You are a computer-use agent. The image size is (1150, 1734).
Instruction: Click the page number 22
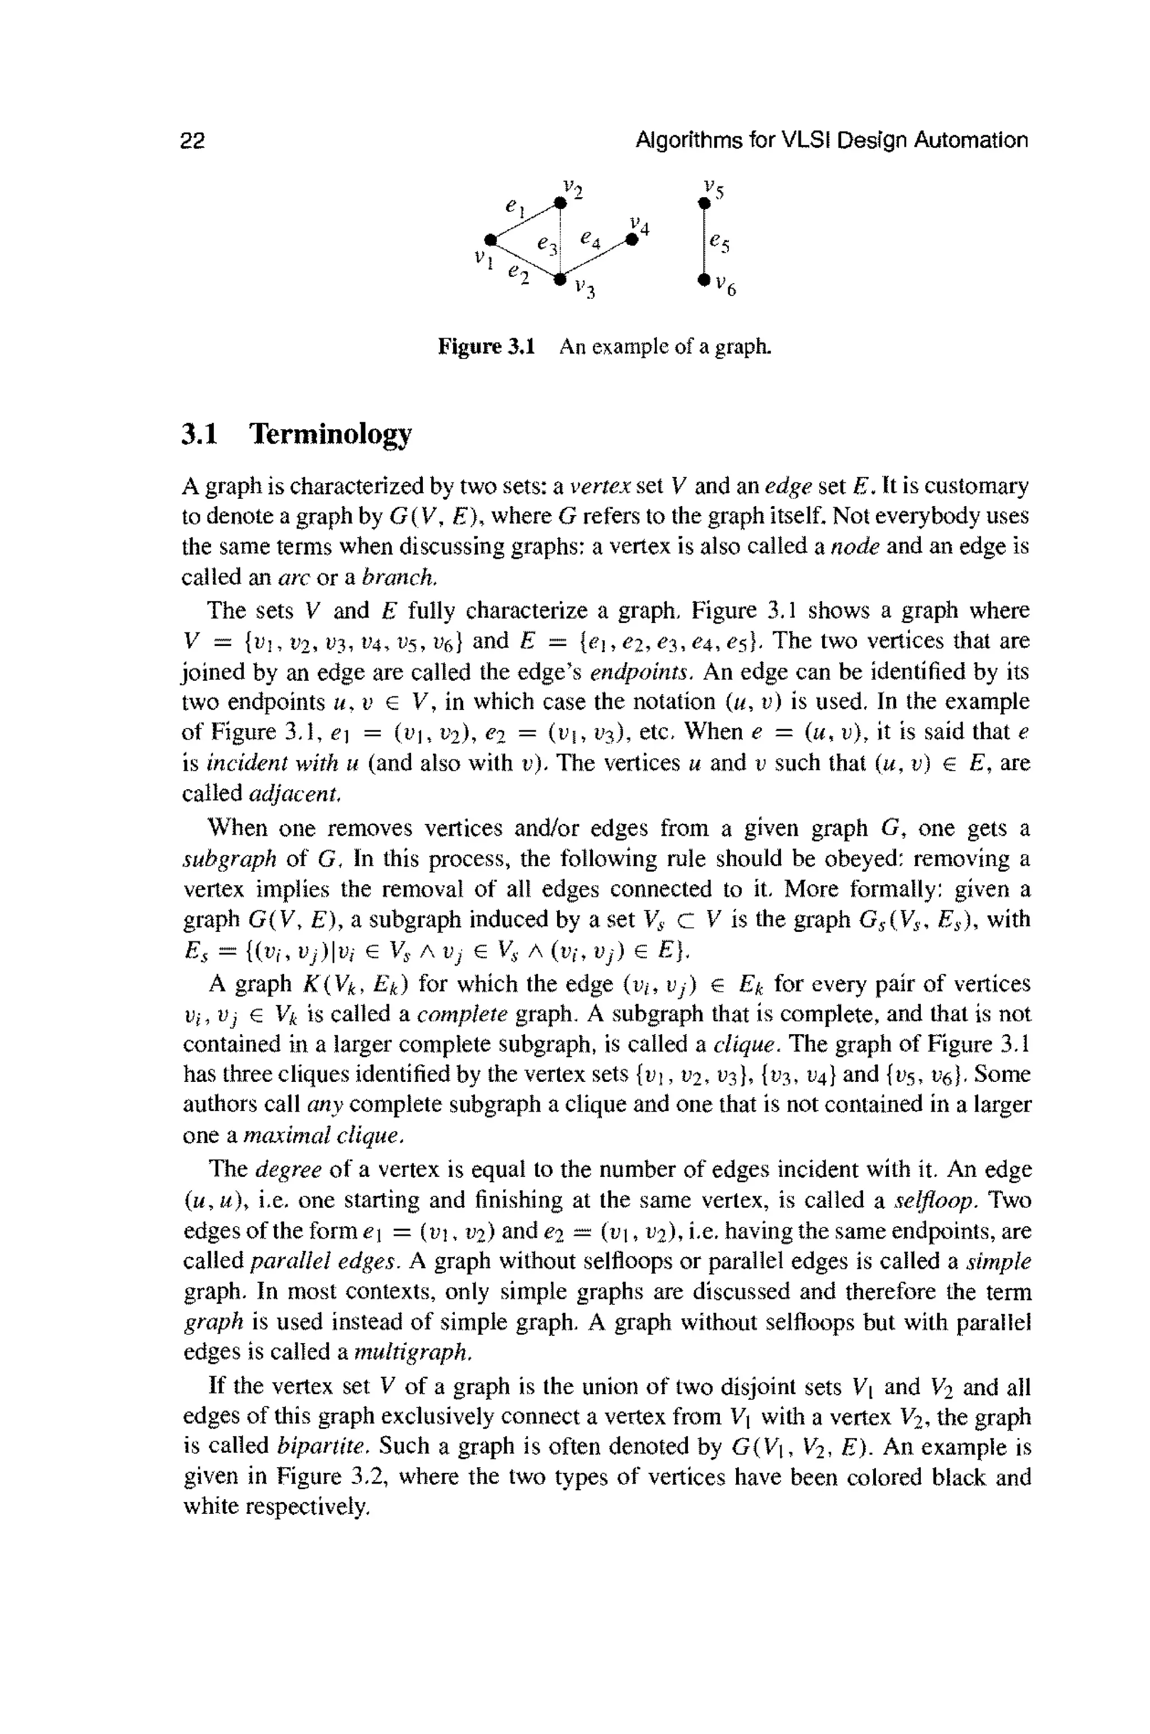tap(192, 140)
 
